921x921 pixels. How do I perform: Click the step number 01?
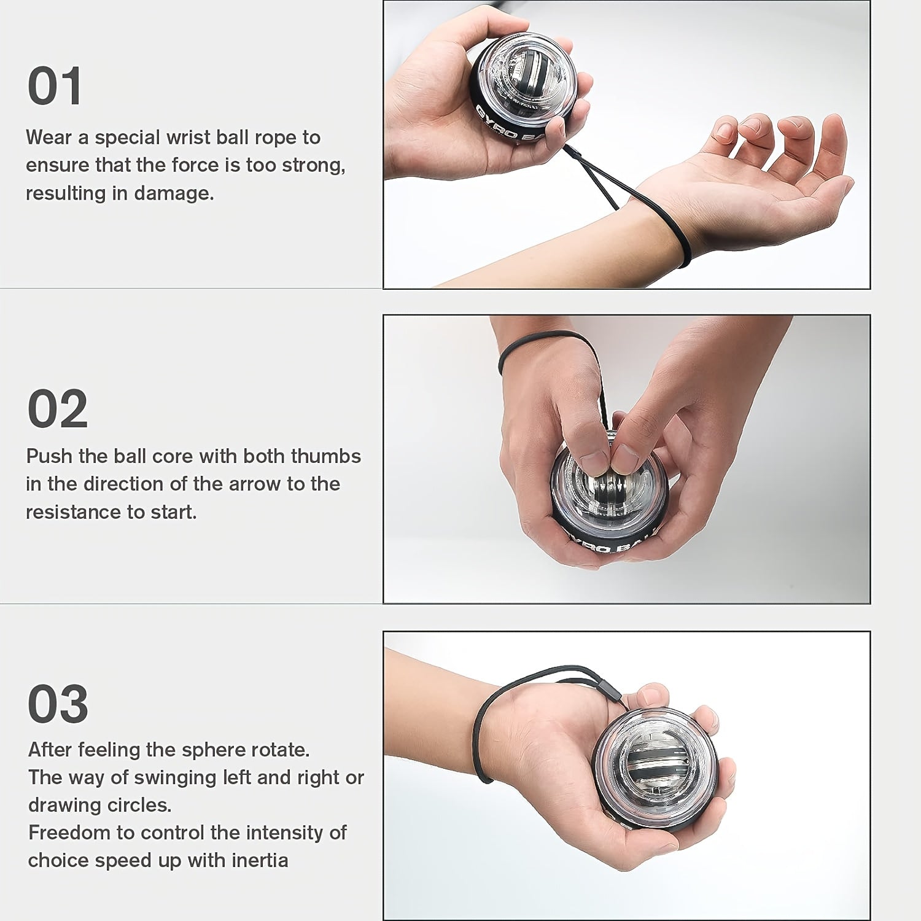point(55,87)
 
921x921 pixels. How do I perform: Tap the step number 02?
point(58,409)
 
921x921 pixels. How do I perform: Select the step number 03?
point(58,704)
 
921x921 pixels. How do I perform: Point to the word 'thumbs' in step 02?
point(325,456)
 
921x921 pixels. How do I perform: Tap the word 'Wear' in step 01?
point(49,138)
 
